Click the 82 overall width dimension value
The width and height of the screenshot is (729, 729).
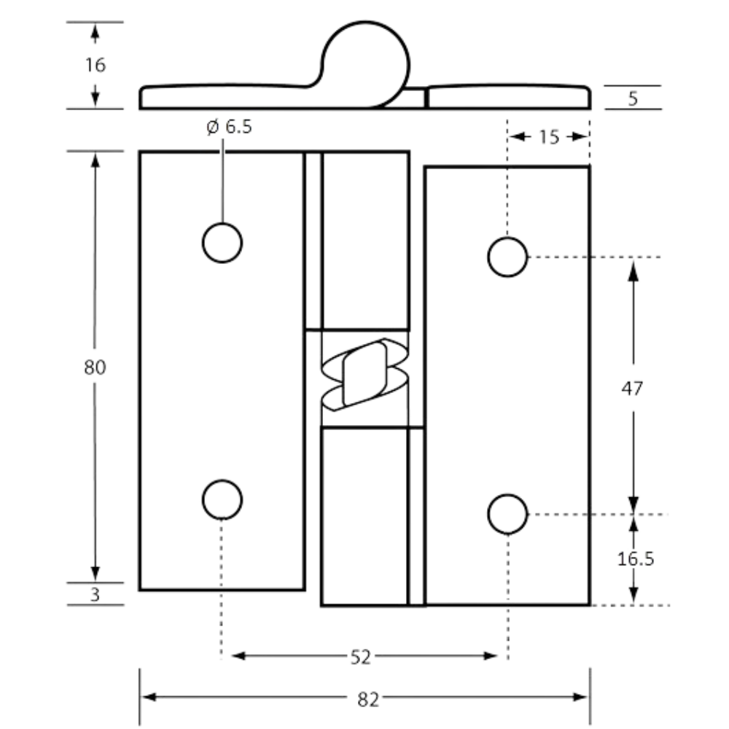coord(367,699)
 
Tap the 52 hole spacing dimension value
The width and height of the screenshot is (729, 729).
coord(360,658)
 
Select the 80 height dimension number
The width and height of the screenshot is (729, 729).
coord(95,367)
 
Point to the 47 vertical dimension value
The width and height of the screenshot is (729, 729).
coord(632,389)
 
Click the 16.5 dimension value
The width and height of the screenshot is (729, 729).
coord(636,559)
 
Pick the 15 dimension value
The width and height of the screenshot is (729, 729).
coord(549,137)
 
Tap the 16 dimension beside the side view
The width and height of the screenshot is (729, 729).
coord(95,65)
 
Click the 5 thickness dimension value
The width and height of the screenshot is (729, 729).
coord(633,98)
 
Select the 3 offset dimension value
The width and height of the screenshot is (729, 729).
coord(95,595)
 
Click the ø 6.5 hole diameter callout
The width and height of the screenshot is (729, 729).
coord(229,126)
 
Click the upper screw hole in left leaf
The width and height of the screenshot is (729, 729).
coord(222,243)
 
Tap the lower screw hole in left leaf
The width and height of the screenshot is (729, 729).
coord(222,500)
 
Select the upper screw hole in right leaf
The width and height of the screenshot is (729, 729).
coord(507,257)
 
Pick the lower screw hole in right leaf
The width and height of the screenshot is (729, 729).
coord(507,514)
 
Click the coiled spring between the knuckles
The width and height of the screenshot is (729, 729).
coord(365,375)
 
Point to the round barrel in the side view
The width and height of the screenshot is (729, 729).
coord(365,64)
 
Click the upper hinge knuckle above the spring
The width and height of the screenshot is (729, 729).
coord(365,241)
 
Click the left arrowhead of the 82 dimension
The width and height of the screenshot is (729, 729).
coord(149,697)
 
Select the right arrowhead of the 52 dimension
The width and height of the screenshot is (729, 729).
coord(491,656)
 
